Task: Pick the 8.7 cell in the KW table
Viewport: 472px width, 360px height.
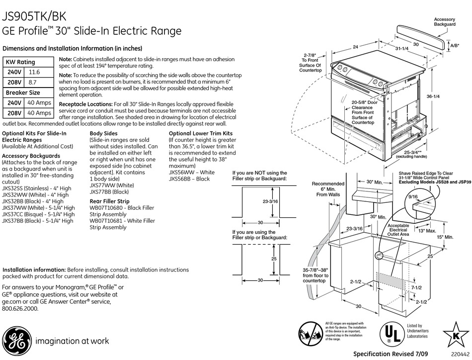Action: (x=33, y=83)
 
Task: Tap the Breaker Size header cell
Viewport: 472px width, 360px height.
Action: (x=23, y=92)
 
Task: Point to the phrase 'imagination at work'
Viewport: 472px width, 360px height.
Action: (x=72, y=341)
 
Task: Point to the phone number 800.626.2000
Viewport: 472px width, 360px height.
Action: (x=20, y=308)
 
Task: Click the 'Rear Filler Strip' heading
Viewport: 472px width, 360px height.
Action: (x=109, y=201)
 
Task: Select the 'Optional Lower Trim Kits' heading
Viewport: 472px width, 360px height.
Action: (x=201, y=134)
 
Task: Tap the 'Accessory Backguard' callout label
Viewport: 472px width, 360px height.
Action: (x=445, y=21)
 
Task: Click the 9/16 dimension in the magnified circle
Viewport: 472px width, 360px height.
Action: (x=413, y=197)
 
